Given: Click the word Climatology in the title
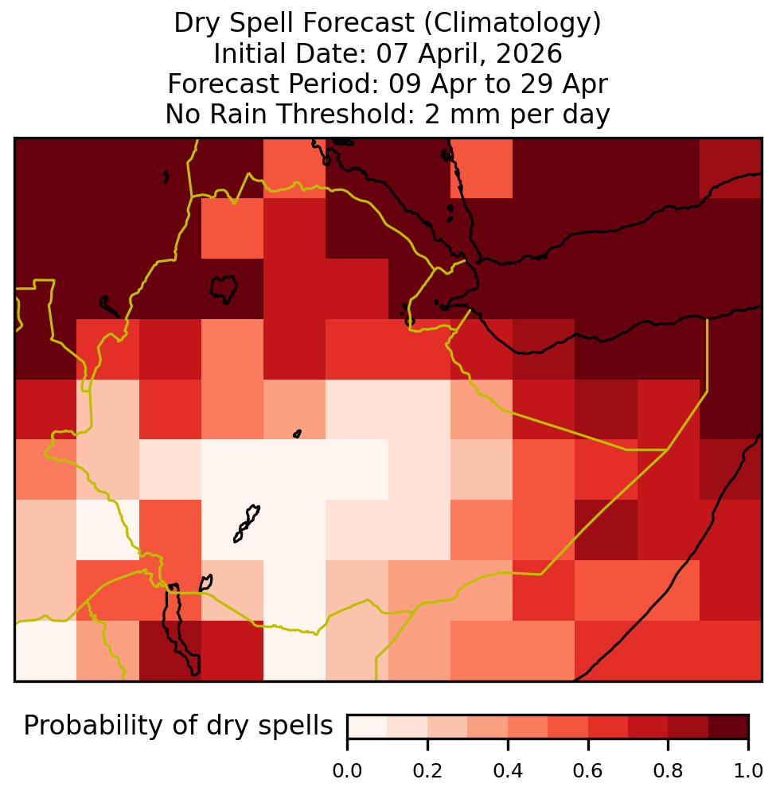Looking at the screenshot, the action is pos(512,23).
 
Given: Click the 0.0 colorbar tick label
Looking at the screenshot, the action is pos(347,771).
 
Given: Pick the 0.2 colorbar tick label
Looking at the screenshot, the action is pos(427,771).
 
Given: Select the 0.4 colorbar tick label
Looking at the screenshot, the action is pos(508,771).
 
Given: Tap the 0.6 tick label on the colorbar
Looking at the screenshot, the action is pos(588,771).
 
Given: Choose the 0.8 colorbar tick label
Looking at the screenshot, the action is pos(668,771).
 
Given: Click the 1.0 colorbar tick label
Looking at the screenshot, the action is pos(748,771).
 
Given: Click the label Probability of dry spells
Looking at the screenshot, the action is pos(178,727).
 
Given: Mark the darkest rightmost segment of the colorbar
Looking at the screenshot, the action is pos(728,727).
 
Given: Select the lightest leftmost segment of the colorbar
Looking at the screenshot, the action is pos(368,727).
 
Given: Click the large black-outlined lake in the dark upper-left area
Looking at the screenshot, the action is pos(224,289).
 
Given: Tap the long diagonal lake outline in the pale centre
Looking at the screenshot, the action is pos(247,524).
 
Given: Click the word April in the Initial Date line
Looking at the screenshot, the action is pos(446,54).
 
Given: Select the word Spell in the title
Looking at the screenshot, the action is pos(263,24).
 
